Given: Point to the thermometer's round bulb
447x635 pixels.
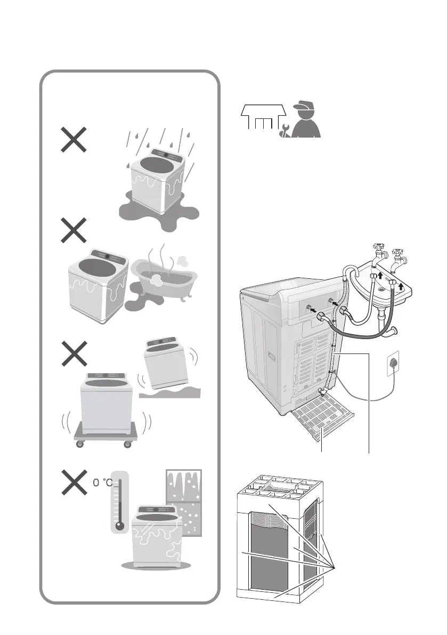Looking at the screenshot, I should tap(120, 526).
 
